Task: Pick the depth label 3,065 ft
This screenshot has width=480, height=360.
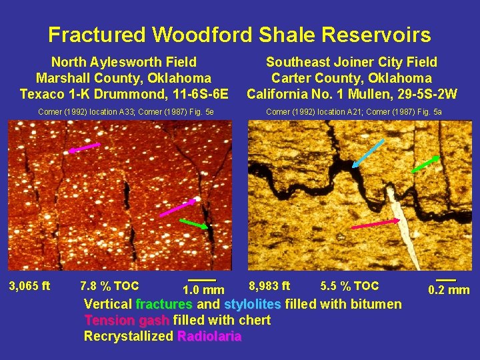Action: (x=29, y=287)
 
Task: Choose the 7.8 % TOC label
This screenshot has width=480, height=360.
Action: (x=109, y=287)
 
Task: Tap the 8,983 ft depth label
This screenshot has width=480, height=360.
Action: (x=269, y=287)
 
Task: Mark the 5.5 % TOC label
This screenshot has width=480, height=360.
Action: (x=349, y=287)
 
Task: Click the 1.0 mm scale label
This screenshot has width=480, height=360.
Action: (x=203, y=290)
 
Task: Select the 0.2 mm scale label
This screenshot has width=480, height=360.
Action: (x=449, y=290)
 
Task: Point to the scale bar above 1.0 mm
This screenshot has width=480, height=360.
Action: (x=202, y=279)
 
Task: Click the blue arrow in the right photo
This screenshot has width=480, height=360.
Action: (x=368, y=153)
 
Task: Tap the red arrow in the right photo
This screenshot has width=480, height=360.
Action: (x=375, y=224)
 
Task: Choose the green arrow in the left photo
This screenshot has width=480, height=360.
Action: (x=194, y=223)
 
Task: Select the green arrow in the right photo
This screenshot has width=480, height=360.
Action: (x=425, y=163)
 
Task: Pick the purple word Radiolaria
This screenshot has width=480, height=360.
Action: (x=209, y=336)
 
